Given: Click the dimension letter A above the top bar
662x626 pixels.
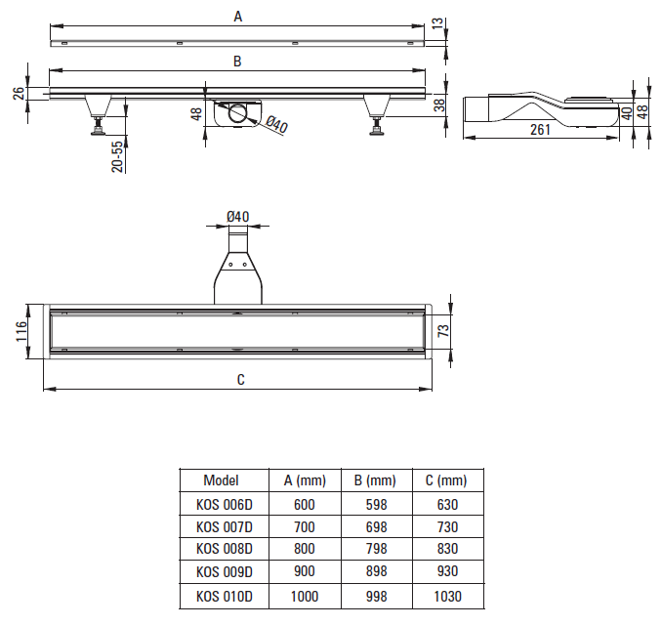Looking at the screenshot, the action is point(238,17).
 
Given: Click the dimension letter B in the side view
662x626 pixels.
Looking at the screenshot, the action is point(237,62).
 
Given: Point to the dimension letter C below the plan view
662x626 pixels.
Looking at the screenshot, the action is point(240,379).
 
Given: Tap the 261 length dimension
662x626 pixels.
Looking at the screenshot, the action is point(540,129).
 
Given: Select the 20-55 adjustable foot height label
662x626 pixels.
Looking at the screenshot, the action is point(118,156).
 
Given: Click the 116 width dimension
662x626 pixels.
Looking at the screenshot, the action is point(21,331).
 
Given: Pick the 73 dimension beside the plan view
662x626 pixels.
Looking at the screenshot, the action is point(443,331).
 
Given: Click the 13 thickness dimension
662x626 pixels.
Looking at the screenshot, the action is point(438,22).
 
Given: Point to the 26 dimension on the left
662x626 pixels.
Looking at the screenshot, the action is point(19,94).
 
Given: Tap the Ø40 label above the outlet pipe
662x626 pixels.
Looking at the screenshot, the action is point(237,217).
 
